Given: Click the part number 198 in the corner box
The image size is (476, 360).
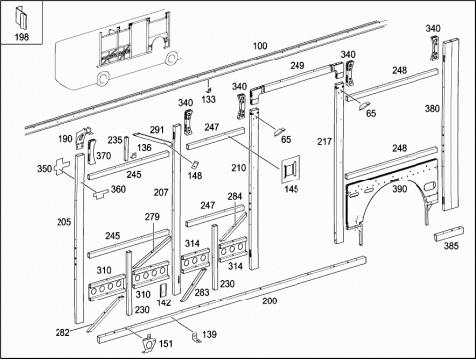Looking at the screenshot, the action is coord(22,37).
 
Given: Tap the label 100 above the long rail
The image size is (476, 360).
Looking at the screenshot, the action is coord(260,46).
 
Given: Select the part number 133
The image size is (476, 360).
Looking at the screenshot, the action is coord(209,99).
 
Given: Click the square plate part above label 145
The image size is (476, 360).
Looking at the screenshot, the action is coord(291,169).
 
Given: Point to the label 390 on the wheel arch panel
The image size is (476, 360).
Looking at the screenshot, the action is coord(400,189).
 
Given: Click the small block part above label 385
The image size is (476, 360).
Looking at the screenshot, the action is coord(449,234).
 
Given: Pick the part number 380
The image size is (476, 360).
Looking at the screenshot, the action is coord(432,108).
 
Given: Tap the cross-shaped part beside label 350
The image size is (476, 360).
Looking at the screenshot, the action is coord(62,167).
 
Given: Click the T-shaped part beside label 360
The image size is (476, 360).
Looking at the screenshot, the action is coord(100,194).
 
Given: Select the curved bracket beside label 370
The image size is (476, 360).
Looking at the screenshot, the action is coord(91,152).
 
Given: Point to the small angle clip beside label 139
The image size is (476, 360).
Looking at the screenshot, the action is coord(196,338).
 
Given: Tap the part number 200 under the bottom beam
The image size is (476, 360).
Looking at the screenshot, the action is coord(270,300).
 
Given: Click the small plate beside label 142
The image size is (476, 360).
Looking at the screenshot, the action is coord(164,291).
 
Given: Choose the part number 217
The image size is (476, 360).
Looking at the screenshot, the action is coord(324,142).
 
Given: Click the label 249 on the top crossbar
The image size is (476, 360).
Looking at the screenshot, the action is coord(297,65).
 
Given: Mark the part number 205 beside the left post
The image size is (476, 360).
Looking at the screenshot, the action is coord(63,222).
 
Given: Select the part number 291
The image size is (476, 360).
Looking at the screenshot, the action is coord(157,130).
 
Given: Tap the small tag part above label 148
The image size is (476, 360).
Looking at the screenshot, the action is coord(194,164).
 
